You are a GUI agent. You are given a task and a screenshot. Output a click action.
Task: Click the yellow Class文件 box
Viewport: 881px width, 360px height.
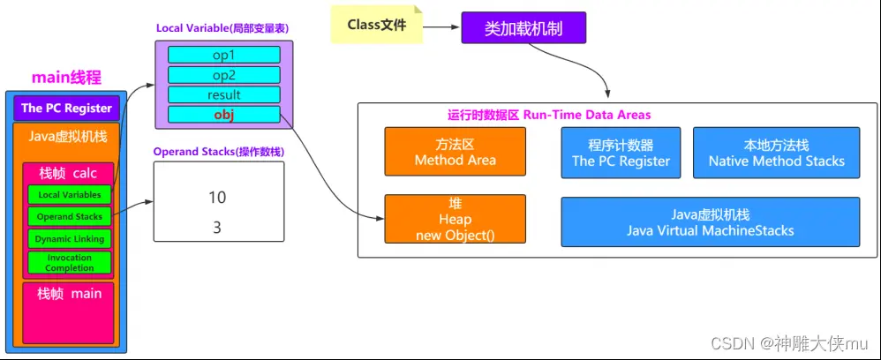[376, 26]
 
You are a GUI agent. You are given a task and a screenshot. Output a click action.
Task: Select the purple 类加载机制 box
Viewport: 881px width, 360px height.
[523, 27]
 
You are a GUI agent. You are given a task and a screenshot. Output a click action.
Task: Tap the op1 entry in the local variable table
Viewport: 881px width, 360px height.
[224, 55]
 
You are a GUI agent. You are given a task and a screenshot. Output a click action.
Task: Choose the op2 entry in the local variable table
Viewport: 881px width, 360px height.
[224, 75]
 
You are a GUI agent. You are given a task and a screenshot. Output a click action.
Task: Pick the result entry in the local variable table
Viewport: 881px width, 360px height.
[224, 94]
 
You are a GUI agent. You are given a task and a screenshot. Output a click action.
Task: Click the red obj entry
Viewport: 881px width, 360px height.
[224, 114]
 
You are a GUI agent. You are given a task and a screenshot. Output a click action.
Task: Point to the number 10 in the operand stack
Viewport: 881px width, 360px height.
[217, 196]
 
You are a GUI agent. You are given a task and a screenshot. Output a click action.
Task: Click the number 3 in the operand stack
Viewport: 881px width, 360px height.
[217, 227]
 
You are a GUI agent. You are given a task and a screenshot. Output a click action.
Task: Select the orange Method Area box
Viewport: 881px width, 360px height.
[455, 152]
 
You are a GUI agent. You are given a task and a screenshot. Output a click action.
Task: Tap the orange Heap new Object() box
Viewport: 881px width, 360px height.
[455, 219]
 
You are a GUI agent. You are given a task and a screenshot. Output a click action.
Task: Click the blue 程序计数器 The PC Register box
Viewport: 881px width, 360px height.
[621, 152]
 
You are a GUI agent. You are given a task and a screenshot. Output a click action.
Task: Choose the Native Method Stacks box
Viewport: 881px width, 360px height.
[776, 152]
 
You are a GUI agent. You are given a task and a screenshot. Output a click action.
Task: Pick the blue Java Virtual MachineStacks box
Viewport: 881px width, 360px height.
[710, 221]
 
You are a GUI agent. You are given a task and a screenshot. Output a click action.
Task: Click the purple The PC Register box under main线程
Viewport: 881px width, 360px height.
[67, 109]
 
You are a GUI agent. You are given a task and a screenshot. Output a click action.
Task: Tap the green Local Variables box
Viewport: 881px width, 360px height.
[70, 194]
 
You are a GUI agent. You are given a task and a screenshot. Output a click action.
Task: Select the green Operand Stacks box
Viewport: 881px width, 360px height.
[70, 216]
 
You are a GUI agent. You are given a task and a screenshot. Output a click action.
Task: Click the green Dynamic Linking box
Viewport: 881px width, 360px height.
[70, 239]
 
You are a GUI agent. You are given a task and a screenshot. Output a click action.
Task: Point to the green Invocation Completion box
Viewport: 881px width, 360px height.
[70, 263]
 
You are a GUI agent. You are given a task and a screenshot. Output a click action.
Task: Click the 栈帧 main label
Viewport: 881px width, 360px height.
[68, 294]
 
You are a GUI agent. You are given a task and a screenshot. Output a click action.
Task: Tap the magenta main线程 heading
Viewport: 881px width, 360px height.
[66, 78]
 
